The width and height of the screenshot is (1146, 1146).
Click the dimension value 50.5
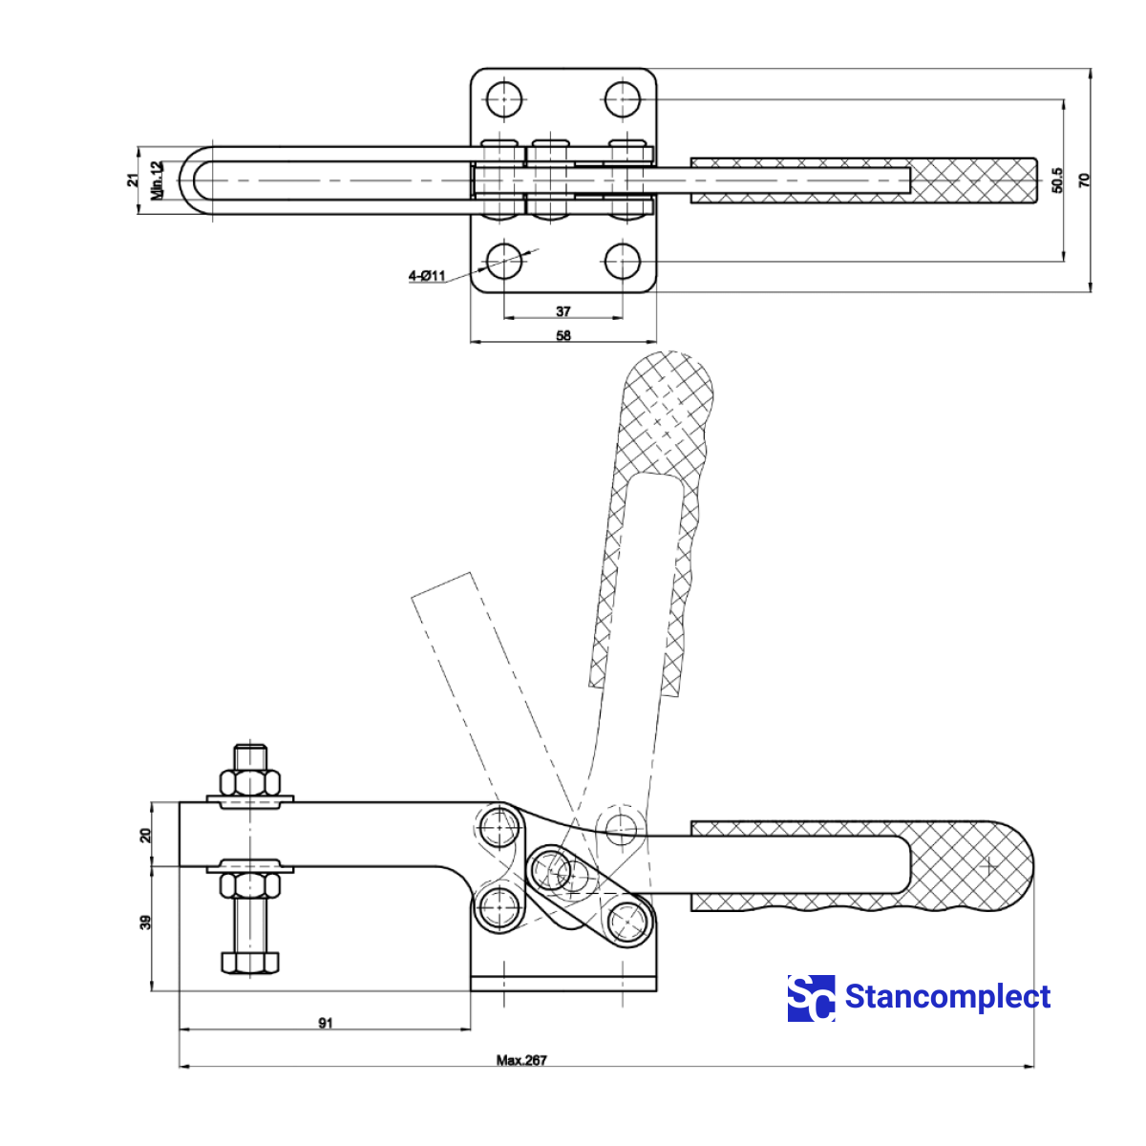[x=1056, y=180]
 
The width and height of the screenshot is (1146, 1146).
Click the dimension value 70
[x=1084, y=180]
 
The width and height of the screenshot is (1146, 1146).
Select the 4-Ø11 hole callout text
[x=427, y=276]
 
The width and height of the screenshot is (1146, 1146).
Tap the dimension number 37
[x=563, y=311]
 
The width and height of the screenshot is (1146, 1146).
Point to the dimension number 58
[x=563, y=335]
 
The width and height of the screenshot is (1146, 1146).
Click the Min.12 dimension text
[x=158, y=180]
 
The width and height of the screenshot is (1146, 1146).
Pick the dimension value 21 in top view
[x=134, y=180]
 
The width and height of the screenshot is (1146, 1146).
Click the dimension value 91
[x=326, y=1023]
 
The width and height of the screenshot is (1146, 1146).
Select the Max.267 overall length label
[x=521, y=1060]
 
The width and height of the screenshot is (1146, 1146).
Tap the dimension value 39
[x=145, y=923]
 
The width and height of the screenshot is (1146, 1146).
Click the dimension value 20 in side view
[x=145, y=835]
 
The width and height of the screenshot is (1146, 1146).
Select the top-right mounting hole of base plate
[x=623, y=98]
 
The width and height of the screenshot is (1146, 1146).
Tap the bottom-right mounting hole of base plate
[x=623, y=260]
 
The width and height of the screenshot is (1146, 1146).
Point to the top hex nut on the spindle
[x=250, y=782]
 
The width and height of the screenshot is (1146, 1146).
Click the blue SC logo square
[x=811, y=998]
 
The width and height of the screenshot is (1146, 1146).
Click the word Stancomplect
[x=947, y=997]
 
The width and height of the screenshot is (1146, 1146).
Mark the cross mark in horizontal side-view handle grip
[x=988, y=867]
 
